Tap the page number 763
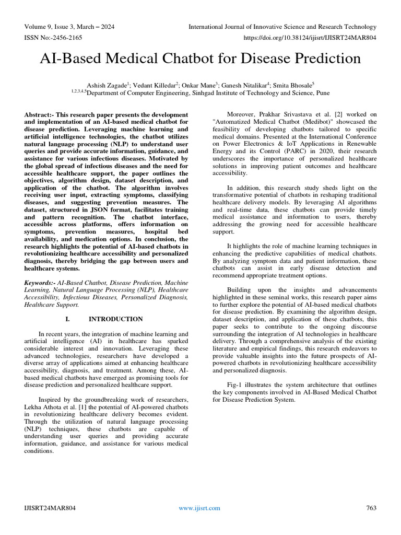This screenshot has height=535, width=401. [x=371, y=508]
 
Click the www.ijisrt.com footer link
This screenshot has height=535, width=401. [x=199, y=508]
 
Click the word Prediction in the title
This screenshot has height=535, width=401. [x=322, y=59]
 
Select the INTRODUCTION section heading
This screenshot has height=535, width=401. [x=115, y=319]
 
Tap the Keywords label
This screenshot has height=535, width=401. [x=41, y=282]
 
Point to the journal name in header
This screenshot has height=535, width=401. [x=282, y=27]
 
